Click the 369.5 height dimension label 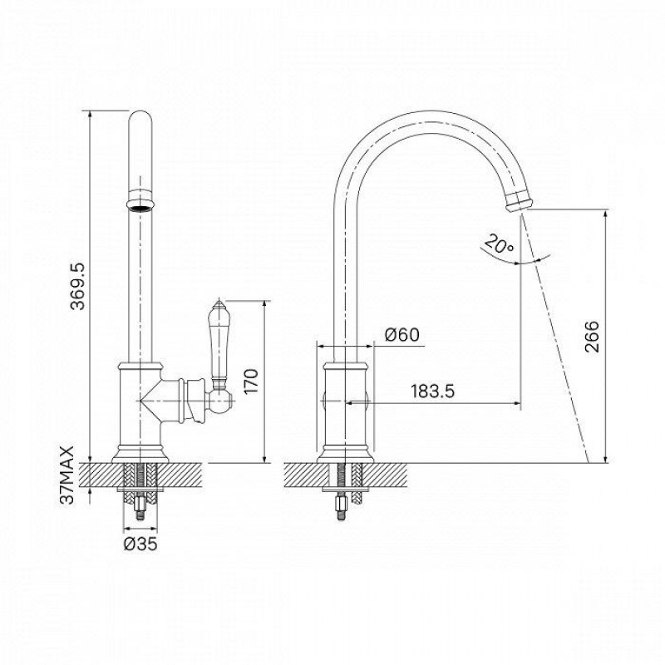coord(77,286)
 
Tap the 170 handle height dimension coord(251,382)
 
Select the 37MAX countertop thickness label coord(67,475)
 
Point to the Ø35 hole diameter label coord(140,544)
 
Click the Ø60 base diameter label coord(401,335)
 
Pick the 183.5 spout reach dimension coord(432,391)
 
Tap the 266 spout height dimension coord(592,337)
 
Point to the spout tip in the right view coord(518,200)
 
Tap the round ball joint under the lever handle coord(220,401)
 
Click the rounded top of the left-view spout coord(140,118)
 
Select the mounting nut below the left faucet coord(140,505)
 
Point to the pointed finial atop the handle coord(219,303)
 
